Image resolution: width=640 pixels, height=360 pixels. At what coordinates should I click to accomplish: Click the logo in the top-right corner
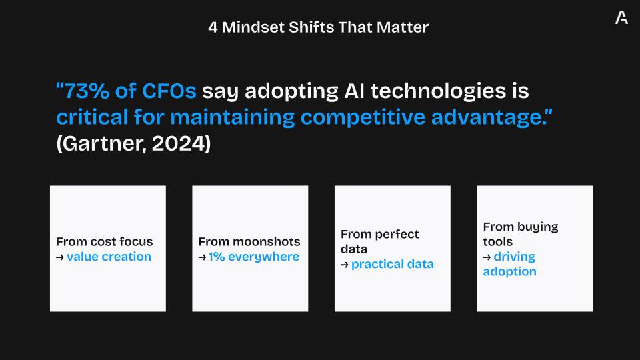[x=621, y=18]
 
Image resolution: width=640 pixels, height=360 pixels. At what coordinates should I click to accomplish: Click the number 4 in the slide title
[x=213, y=27]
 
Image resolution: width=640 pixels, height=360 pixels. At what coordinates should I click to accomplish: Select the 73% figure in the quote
[x=87, y=91]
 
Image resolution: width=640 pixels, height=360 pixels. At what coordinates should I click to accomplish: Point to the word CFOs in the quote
[x=169, y=91]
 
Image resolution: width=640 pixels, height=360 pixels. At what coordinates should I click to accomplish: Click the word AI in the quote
[x=354, y=91]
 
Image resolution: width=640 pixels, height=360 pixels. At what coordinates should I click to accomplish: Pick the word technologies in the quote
[x=438, y=92]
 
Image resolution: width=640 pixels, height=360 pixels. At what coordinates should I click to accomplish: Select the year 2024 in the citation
[x=179, y=144]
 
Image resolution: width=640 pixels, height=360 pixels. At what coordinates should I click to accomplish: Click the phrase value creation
[x=109, y=257]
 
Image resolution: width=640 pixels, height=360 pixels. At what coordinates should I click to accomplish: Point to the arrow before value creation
[x=60, y=257]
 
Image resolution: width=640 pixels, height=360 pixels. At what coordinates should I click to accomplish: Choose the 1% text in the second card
[x=217, y=257]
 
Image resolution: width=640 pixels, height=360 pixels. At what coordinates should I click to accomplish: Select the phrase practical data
[x=392, y=265]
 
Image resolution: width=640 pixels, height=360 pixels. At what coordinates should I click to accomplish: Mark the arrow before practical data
[x=345, y=265]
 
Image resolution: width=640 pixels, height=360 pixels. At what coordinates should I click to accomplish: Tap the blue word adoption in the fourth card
[x=510, y=272]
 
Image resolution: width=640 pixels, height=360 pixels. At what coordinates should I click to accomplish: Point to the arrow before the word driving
[x=487, y=257]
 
